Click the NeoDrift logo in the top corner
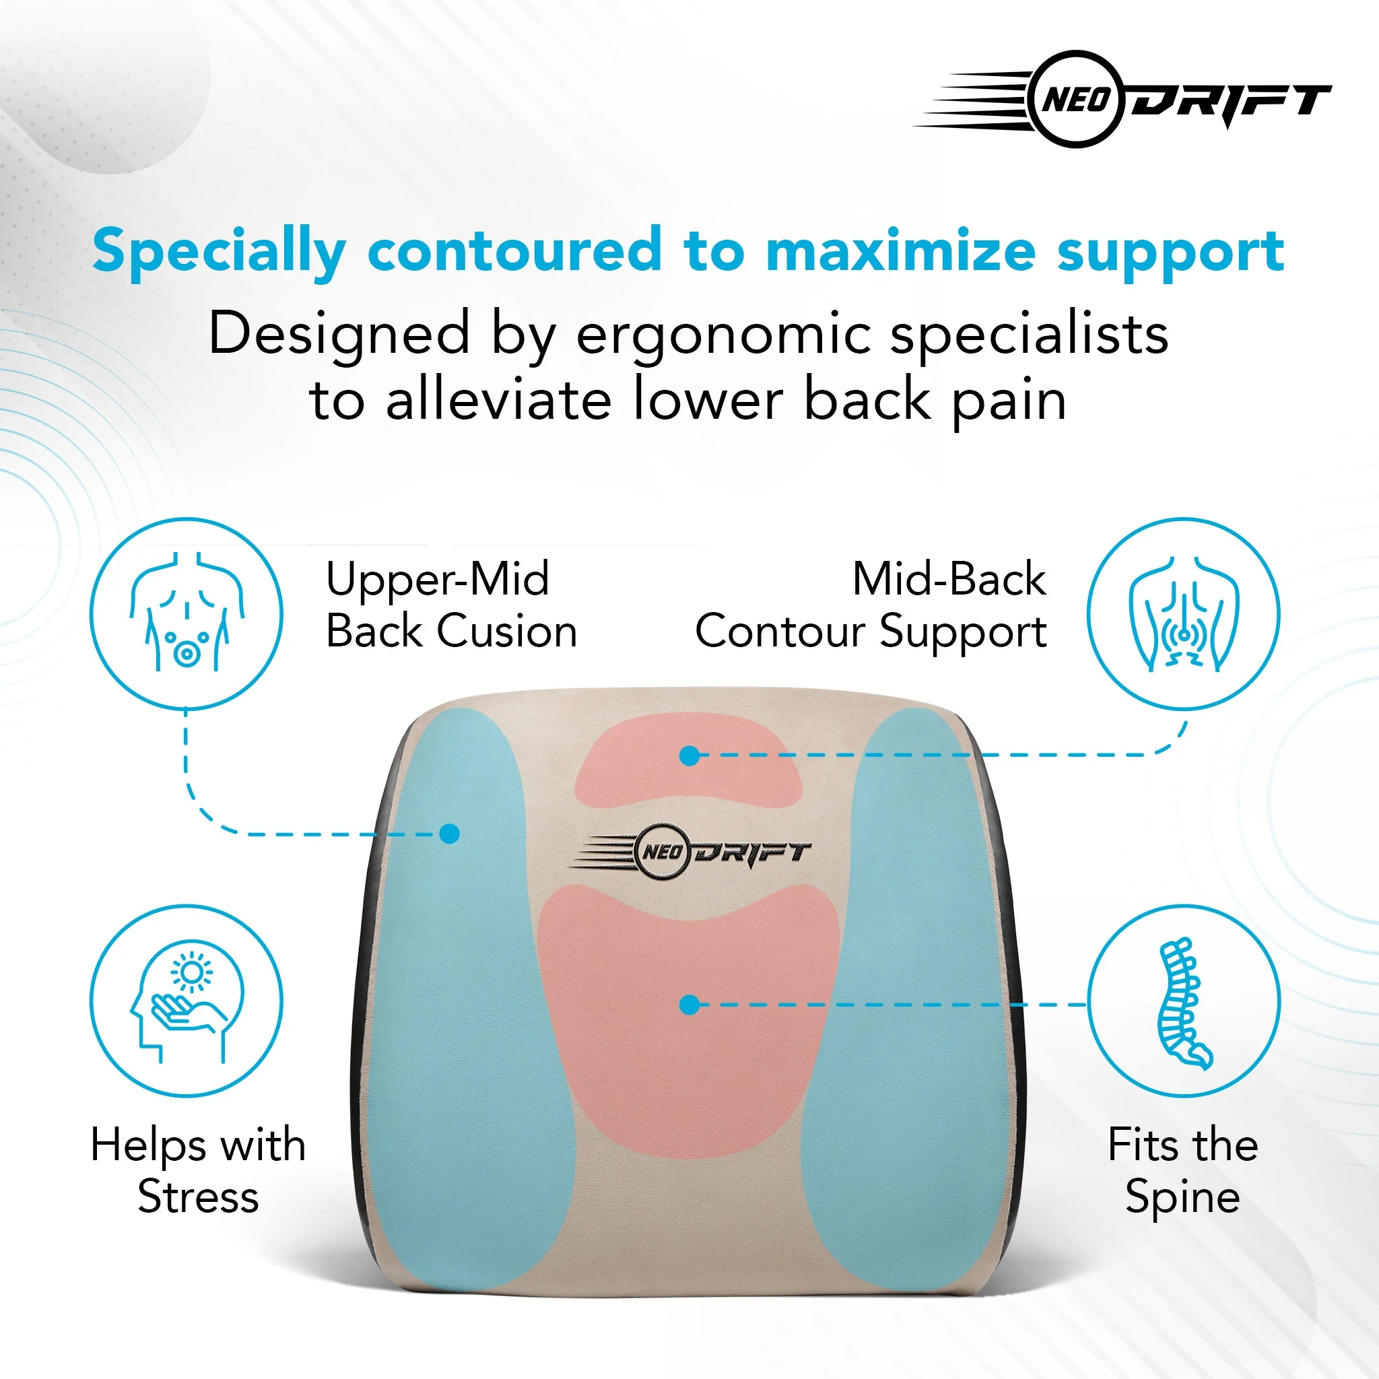pos(1122,99)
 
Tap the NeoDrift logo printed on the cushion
pos(690,852)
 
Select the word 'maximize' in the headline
pos(901,250)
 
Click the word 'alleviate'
pos(499,400)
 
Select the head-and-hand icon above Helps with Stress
pos(187,1001)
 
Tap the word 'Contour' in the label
pos(780,632)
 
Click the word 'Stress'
pos(199,1197)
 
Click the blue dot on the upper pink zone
pos(689,756)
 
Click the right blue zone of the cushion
pos(920,999)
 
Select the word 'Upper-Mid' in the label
pos(438,580)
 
